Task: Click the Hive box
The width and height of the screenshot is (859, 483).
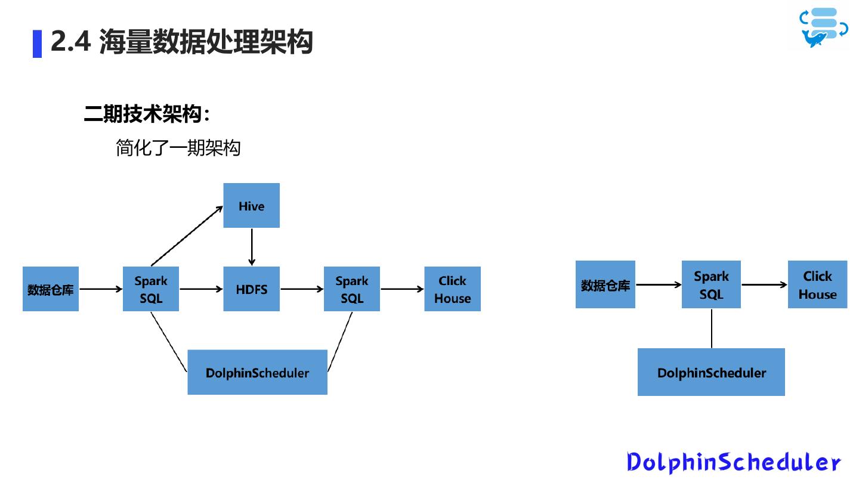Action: click(x=251, y=206)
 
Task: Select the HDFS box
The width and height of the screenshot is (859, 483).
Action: click(x=251, y=289)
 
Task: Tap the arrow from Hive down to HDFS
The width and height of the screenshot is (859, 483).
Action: click(x=252, y=247)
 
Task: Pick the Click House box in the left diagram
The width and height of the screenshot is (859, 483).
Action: click(x=452, y=289)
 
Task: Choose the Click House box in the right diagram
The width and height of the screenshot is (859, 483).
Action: click(x=817, y=284)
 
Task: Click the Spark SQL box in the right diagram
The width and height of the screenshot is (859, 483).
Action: click(x=711, y=284)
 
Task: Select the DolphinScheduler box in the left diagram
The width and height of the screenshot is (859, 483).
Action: click(x=257, y=372)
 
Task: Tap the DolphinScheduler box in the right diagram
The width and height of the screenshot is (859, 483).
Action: click(x=711, y=372)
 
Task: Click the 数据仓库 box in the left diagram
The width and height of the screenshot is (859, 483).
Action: click(x=51, y=289)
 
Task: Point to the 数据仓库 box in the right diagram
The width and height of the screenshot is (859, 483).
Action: click(x=605, y=284)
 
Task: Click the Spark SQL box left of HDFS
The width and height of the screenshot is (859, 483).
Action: click(x=151, y=289)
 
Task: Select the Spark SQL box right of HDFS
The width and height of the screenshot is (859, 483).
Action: click(x=352, y=289)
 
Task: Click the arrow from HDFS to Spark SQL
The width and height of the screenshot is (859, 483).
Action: click(x=301, y=289)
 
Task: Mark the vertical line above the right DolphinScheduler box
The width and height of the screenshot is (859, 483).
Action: click(x=712, y=328)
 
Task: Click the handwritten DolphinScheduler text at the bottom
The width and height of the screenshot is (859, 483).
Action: click(x=734, y=462)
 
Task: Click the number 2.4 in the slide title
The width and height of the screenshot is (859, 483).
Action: click(x=70, y=42)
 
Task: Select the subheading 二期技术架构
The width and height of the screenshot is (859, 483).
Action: click(x=146, y=114)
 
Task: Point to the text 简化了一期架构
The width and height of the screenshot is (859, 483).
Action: click(x=178, y=148)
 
